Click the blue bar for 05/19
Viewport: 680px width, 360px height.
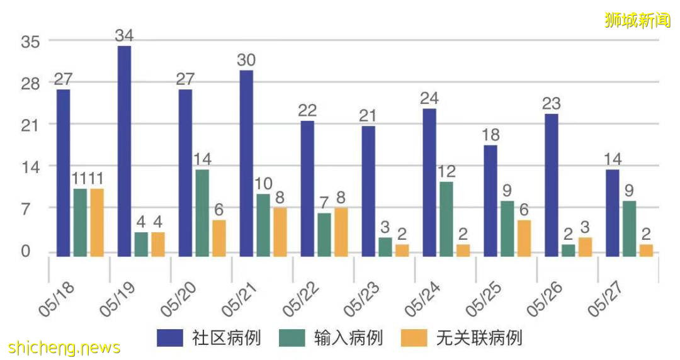click(x=124, y=151)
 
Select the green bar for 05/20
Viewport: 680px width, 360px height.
click(x=202, y=213)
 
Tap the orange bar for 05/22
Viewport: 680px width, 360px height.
click(x=341, y=232)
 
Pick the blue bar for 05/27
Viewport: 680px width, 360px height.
click(x=612, y=213)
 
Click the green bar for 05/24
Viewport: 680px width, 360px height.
click(x=446, y=218)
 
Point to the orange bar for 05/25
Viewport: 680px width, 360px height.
click(x=524, y=238)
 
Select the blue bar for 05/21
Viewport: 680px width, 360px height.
click(x=246, y=163)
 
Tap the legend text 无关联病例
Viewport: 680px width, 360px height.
click(x=479, y=338)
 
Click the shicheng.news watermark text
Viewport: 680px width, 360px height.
click(x=64, y=347)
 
